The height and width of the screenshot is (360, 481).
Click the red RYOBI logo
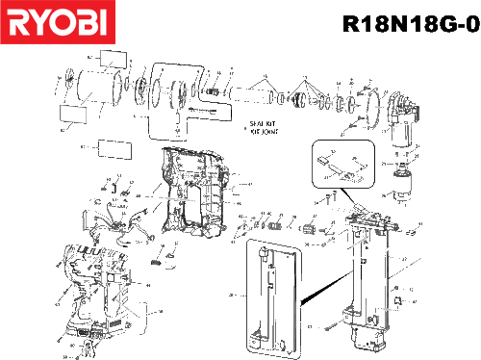[57, 22]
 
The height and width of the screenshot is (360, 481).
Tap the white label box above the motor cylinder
[113, 60]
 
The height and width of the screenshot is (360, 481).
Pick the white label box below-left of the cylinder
[72, 114]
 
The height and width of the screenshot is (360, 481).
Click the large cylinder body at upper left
[95, 88]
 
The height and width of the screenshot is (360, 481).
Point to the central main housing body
[192, 193]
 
